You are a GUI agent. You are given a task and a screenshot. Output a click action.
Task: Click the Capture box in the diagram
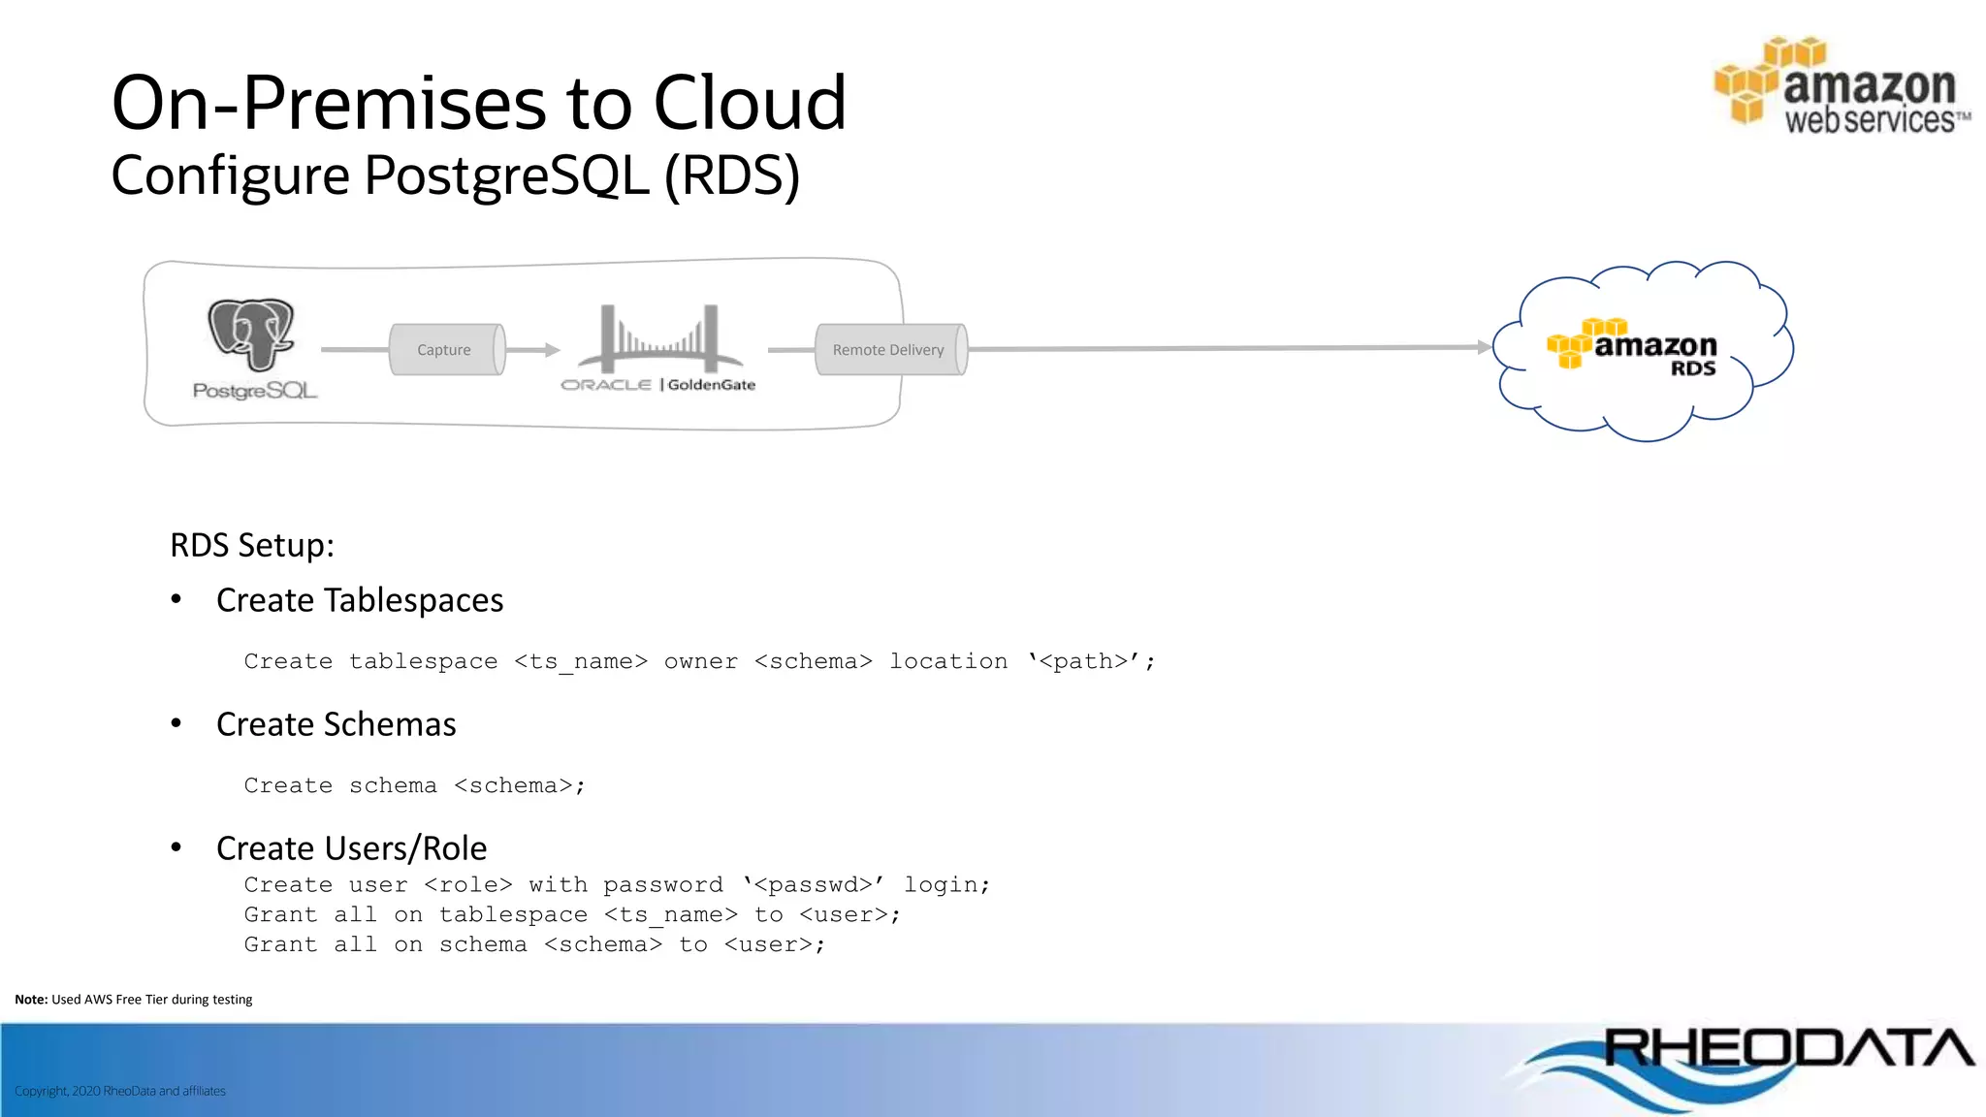pyautogui.click(x=445, y=350)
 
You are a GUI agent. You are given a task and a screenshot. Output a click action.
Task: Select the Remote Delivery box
pyautogui.click(x=889, y=350)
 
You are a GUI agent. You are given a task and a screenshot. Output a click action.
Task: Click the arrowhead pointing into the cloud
pyautogui.click(x=1484, y=346)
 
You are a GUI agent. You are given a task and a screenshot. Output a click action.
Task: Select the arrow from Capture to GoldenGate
pyautogui.click(x=532, y=350)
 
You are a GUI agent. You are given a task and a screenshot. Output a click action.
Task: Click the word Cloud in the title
pyautogui.click(x=750, y=103)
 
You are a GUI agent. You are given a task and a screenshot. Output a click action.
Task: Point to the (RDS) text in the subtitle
pyautogui.click(x=732, y=176)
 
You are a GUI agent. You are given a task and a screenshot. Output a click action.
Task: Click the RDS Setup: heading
pyautogui.click(x=252, y=545)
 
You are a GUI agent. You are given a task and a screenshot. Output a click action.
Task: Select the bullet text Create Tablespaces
pyautogui.click(x=360, y=600)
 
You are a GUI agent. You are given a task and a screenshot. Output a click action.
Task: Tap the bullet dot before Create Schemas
pyautogui.click(x=176, y=723)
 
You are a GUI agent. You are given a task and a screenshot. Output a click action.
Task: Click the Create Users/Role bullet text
pyautogui.click(x=351, y=848)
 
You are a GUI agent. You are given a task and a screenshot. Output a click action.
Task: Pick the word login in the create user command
pyautogui.click(x=941, y=884)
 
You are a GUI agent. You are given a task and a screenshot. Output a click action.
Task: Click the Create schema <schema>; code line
pyautogui.click(x=414, y=785)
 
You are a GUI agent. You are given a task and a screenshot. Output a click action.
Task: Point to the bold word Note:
pyautogui.click(x=31, y=1000)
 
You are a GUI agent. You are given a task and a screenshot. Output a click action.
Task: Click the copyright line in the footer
pyautogui.click(x=120, y=1091)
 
